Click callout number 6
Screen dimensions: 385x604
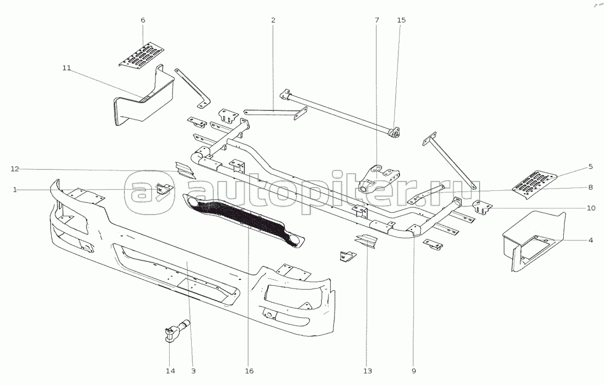click(x=143, y=20)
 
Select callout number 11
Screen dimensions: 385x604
click(x=67, y=68)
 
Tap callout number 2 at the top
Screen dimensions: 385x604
click(x=273, y=20)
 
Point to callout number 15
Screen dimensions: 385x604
click(x=401, y=20)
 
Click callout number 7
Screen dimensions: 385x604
click(x=377, y=20)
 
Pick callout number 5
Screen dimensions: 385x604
click(x=590, y=166)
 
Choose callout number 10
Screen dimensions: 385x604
click(x=590, y=208)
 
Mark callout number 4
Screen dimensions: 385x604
click(x=590, y=240)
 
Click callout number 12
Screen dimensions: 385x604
click(x=14, y=168)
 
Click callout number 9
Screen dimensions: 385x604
click(x=413, y=371)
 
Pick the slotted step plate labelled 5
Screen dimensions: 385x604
click(x=535, y=183)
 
